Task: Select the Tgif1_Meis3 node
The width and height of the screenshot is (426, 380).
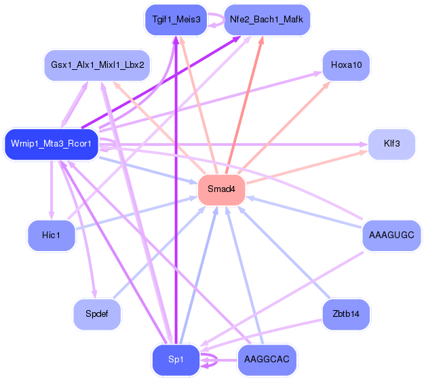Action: pyautogui.click(x=176, y=20)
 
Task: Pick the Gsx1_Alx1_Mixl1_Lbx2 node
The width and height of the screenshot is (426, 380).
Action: pyautogui.click(x=97, y=65)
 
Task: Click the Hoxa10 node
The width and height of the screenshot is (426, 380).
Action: pyautogui.click(x=346, y=65)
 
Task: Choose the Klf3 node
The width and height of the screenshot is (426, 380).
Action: pyautogui.click(x=391, y=144)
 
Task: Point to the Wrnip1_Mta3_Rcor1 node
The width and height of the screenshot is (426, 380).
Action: pyautogui.click(x=52, y=144)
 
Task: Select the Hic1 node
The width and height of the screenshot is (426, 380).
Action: pyautogui.click(x=52, y=235)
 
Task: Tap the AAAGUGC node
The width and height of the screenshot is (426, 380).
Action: pyautogui.click(x=391, y=235)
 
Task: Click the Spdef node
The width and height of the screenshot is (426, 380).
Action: pyautogui.click(x=97, y=314)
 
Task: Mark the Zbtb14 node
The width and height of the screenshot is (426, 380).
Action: pyautogui.click(x=346, y=314)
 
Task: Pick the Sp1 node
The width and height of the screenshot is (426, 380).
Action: pyautogui.click(x=176, y=359)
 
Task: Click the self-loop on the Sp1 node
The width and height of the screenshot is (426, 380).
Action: pyautogui.click(x=212, y=359)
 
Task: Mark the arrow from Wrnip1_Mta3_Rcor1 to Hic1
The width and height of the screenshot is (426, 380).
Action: pyautogui.click(x=52, y=190)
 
